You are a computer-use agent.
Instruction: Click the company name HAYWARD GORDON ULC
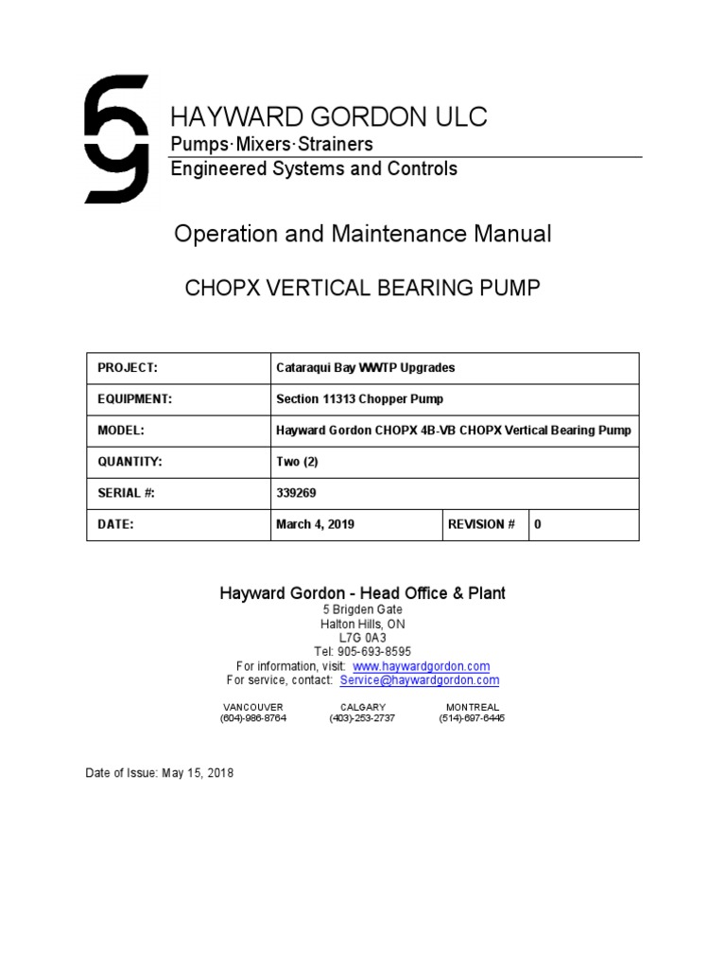pos(328,117)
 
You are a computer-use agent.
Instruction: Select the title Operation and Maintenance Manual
pos(362,235)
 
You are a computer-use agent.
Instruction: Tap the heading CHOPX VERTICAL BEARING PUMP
pos(362,288)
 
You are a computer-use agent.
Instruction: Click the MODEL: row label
pos(121,431)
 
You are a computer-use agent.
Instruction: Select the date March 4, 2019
pos(315,524)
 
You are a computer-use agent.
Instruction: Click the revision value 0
pos(538,524)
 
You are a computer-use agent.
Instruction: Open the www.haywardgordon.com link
pos(421,666)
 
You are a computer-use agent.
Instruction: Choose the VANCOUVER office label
pos(252,707)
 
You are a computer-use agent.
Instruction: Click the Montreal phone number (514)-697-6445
pos(472,718)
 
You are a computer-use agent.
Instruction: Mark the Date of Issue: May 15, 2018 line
pos(160,773)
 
